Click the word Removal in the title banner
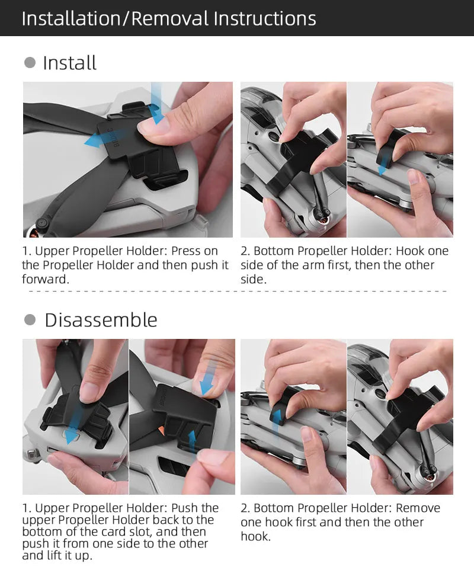point(170,18)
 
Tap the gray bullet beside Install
point(30,63)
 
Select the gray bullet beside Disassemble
point(30,320)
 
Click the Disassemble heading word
point(101,321)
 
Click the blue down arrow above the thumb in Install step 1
point(157,103)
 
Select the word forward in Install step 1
point(46,279)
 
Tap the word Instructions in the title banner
point(265,18)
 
